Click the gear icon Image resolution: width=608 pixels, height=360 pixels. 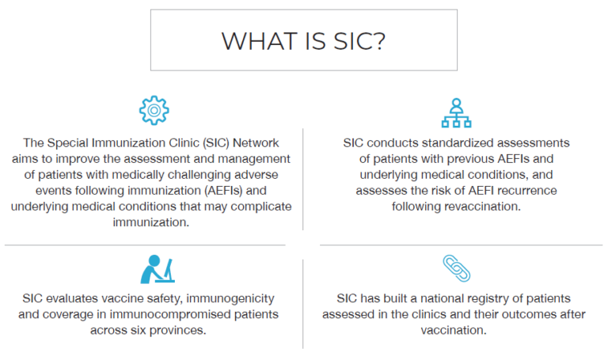pyautogui.click(x=154, y=111)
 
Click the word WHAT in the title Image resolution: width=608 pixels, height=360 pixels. pyautogui.click(x=251, y=40)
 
